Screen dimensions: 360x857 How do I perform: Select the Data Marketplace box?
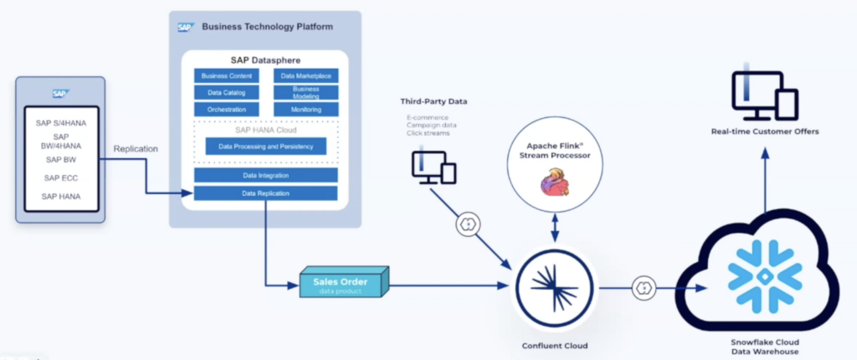tap(305, 76)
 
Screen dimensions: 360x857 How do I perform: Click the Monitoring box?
tap(305, 110)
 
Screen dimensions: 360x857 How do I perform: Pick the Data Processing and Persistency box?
tap(265, 147)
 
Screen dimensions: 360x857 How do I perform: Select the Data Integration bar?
tap(265, 176)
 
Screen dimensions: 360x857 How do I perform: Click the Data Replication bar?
tap(265, 193)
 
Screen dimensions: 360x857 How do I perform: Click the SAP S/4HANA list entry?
tap(61, 122)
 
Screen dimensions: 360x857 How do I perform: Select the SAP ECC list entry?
tap(61, 177)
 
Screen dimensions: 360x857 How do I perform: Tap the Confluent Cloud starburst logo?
tap(556, 285)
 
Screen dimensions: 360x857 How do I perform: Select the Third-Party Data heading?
tap(434, 101)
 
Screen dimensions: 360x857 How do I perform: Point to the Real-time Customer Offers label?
tap(764, 131)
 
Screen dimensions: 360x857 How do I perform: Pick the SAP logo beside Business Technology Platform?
tap(185, 27)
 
